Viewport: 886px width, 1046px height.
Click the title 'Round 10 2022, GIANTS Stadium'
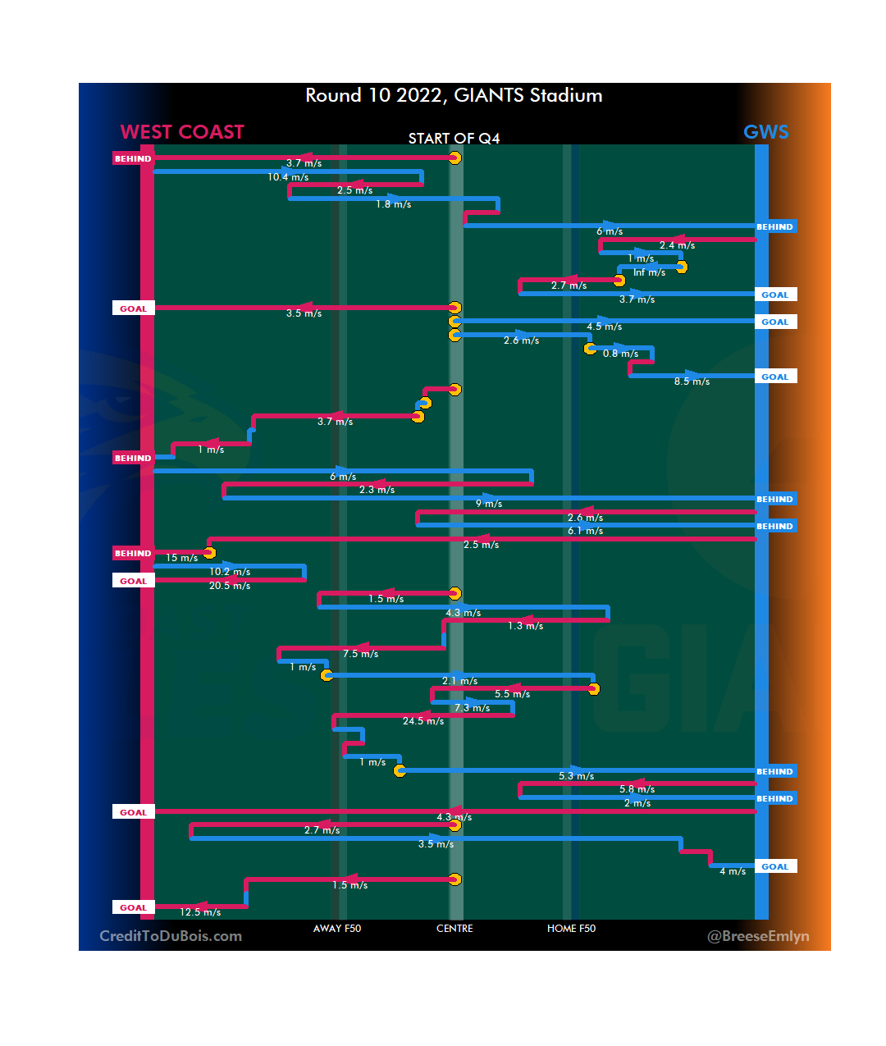click(454, 96)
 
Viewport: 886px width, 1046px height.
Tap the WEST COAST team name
click(182, 132)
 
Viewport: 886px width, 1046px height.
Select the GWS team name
click(765, 132)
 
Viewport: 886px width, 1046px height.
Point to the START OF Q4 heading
click(454, 139)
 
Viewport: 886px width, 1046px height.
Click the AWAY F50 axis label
click(336, 929)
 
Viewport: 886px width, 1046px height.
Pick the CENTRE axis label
click(454, 929)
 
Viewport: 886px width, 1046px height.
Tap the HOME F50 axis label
click(571, 929)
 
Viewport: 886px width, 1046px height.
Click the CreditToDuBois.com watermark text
click(171, 936)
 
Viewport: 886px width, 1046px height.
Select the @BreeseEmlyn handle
click(758, 936)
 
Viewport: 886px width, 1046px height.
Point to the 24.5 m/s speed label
click(423, 721)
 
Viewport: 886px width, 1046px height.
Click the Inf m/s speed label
click(649, 272)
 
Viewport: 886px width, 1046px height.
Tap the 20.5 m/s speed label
click(230, 586)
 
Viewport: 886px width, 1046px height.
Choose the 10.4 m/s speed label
click(288, 177)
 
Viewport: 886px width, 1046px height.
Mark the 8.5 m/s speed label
click(692, 381)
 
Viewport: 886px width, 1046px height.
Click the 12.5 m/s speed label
click(200, 912)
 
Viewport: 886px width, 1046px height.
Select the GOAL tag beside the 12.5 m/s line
click(133, 907)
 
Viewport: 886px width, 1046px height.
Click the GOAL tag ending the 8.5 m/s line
click(775, 377)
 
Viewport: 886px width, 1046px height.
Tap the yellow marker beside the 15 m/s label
click(209, 553)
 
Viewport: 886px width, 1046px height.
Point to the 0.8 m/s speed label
click(620, 354)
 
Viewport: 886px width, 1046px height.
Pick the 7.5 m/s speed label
click(360, 654)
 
